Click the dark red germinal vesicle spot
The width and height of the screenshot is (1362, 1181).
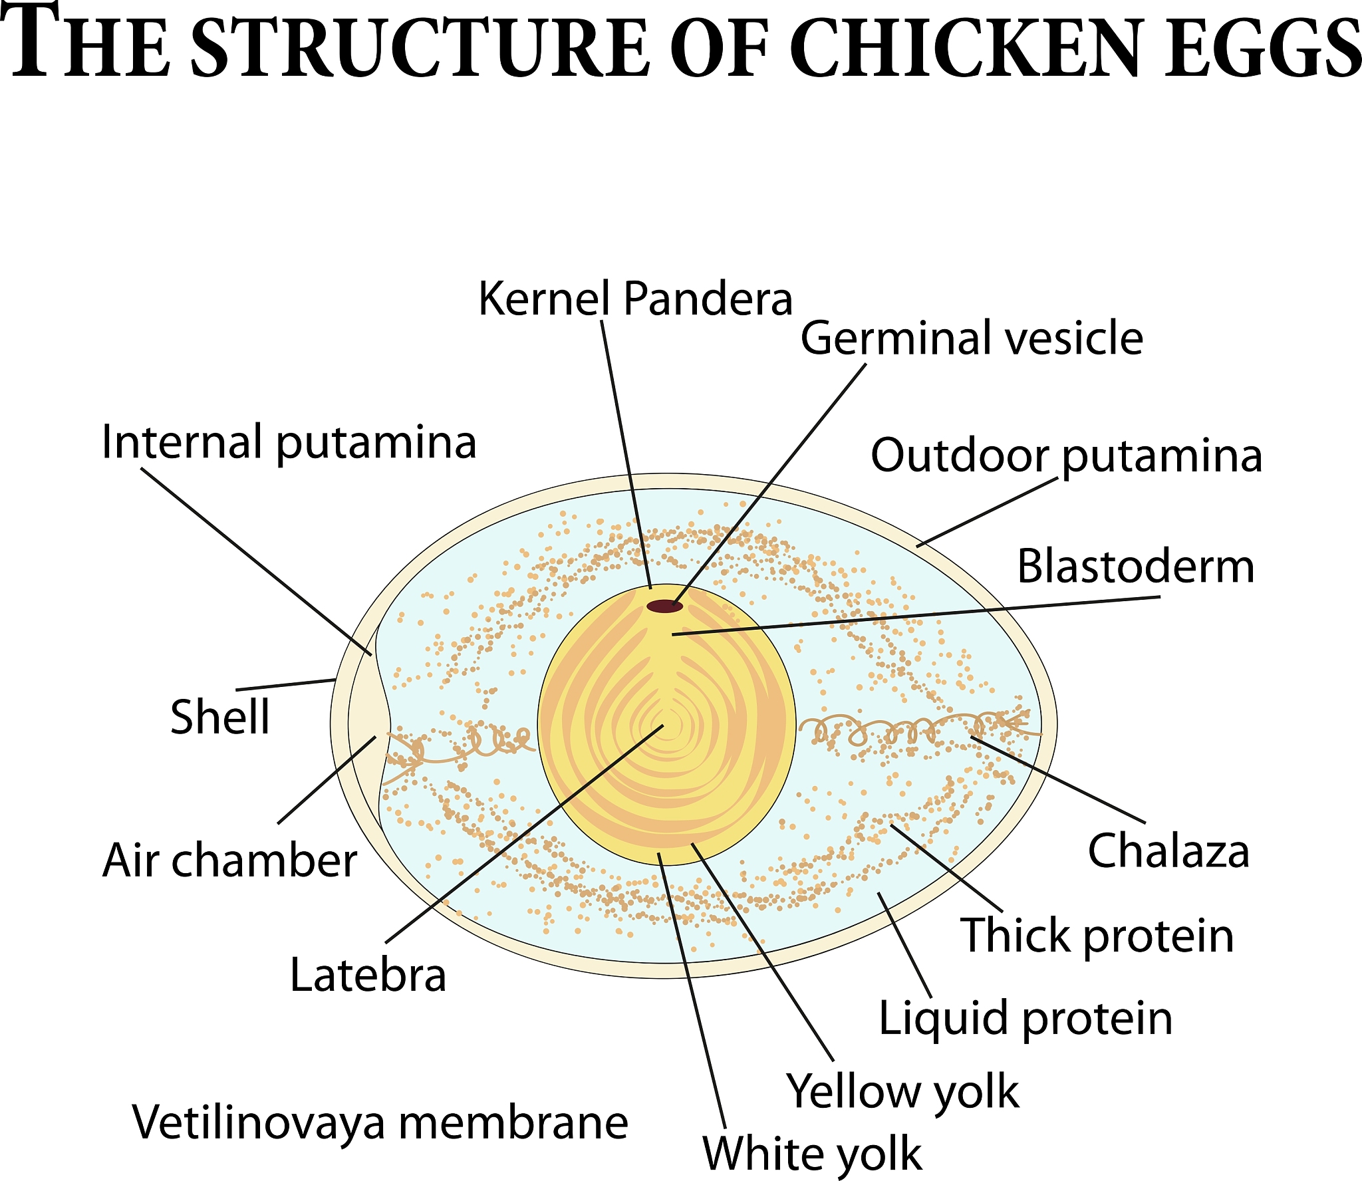click(x=665, y=606)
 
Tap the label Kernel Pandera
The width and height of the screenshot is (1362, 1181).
click(x=635, y=299)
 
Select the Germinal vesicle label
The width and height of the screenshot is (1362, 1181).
click(x=971, y=338)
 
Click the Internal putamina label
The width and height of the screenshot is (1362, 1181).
click(x=289, y=442)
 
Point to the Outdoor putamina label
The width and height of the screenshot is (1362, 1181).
click(x=1066, y=456)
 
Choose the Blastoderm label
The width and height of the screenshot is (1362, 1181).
click(x=1135, y=567)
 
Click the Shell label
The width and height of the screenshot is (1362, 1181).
click(x=220, y=717)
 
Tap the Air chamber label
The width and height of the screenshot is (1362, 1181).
click(x=230, y=860)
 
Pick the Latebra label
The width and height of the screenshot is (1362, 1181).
click(x=368, y=976)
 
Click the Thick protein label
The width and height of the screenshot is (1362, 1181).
click(x=1097, y=936)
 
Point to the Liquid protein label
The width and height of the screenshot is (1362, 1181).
click(x=1025, y=1019)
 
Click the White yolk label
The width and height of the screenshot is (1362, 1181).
click(x=812, y=1153)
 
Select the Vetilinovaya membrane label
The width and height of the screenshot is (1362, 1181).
click(x=380, y=1122)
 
